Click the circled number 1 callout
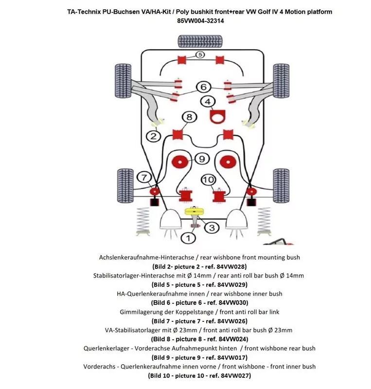pyautogui.click(x=188, y=238)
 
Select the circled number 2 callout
pyautogui.click(x=154, y=136)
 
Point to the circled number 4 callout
pyautogui.click(x=208, y=102)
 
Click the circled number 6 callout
pyautogui.click(x=203, y=87)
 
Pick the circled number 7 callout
pyautogui.click(x=144, y=177)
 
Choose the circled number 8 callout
pyautogui.click(x=189, y=117)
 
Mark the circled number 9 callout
pyautogui.click(x=201, y=159)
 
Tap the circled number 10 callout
pyautogui.click(x=208, y=180)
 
